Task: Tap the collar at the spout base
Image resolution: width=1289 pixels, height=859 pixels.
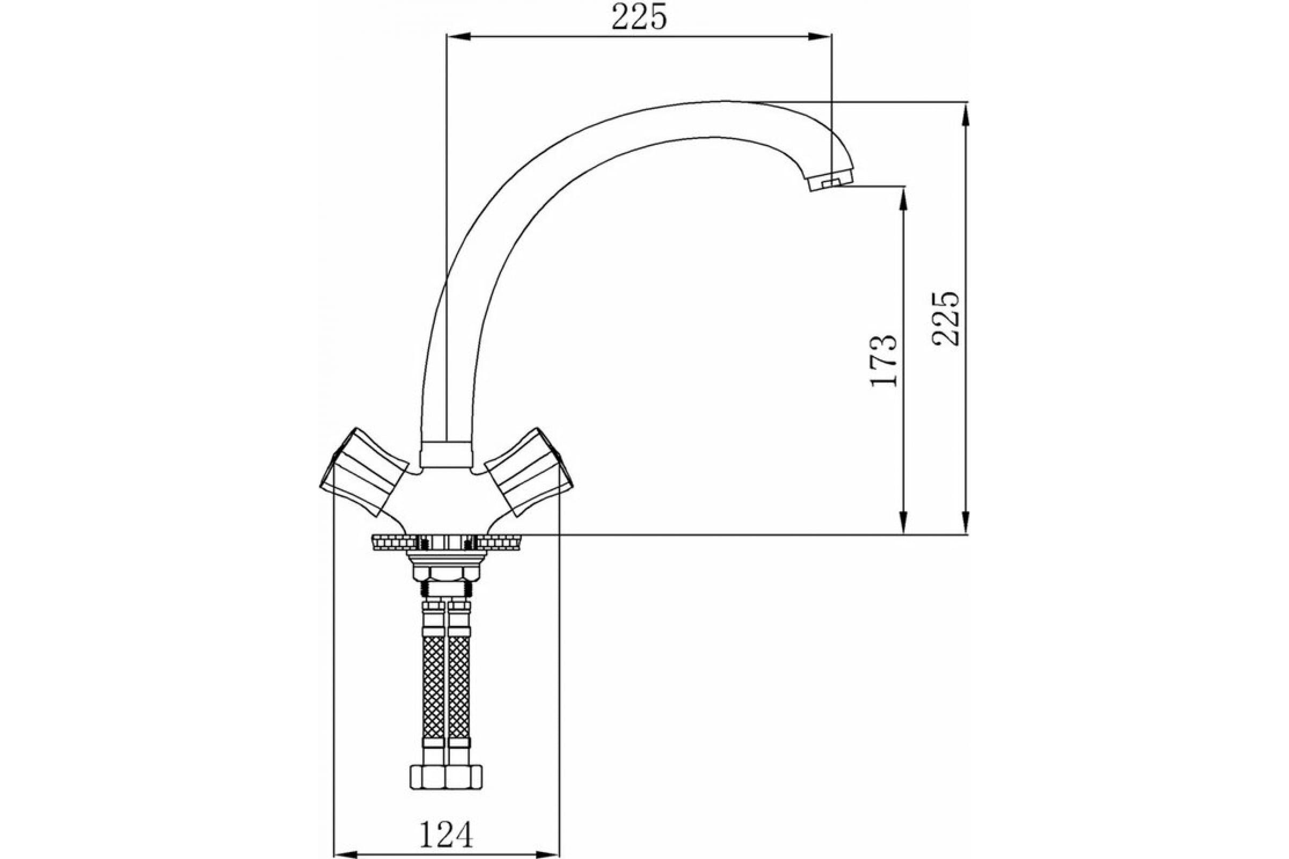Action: coord(446,454)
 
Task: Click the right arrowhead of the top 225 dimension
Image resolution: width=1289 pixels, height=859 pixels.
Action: coord(822,37)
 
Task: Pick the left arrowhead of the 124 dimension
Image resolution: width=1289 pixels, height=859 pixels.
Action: coord(344,854)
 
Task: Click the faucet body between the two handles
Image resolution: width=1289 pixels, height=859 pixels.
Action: coord(446,499)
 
